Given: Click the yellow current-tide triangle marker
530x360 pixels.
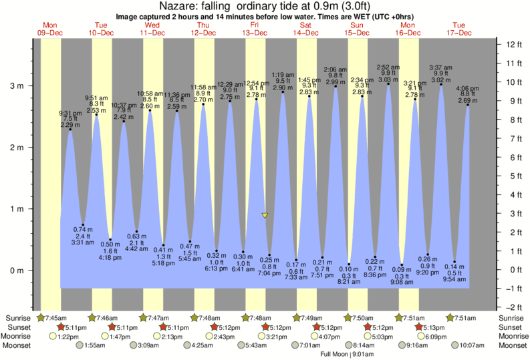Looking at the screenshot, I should [265, 215].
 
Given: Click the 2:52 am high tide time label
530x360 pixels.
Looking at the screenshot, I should [388, 67].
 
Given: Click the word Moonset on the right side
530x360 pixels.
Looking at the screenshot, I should [512, 346].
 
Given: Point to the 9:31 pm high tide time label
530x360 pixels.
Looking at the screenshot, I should [70, 112].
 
